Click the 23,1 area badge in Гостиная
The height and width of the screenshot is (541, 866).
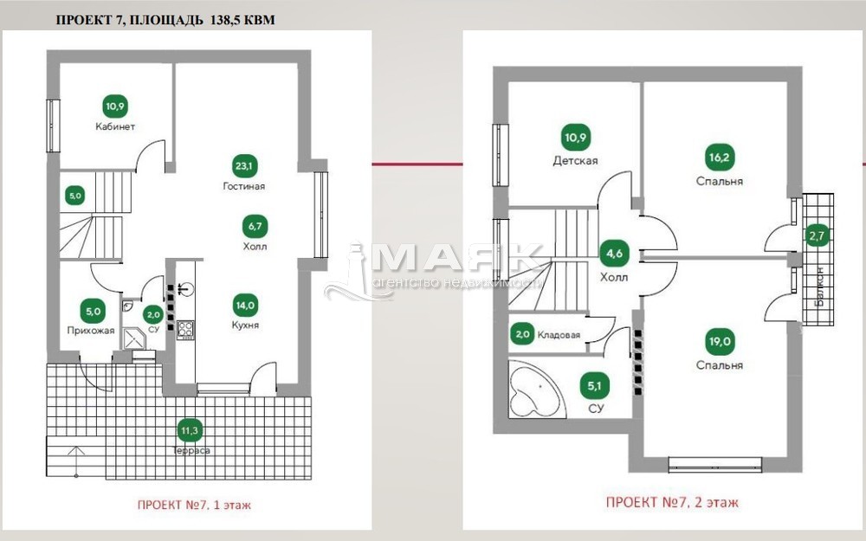[244, 166]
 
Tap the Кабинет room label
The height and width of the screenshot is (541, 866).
[115, 126]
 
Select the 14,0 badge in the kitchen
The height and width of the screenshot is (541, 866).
[245, 306]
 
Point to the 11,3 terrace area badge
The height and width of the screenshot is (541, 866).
[190, 430]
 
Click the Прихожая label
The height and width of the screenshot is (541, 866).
[91, 330]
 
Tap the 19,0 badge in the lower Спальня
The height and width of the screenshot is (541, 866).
[719, 341]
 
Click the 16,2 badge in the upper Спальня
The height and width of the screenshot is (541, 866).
[719, 158]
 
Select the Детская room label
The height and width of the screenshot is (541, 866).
[576, 161]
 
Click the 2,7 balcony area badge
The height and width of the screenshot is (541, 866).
[817, 235]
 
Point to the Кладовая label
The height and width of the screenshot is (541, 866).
[559, 334]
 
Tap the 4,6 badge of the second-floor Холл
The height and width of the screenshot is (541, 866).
[614, 254]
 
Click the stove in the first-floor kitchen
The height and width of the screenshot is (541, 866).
[185, 330]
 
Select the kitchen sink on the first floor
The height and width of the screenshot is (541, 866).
[186, 287]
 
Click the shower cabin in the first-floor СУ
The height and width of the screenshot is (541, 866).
[133, 338]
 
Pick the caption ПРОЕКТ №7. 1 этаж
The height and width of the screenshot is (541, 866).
[194, 505]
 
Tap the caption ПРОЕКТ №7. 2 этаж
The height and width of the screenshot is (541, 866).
[672, 502]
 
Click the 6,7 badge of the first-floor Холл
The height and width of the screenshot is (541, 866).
[255, 226]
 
